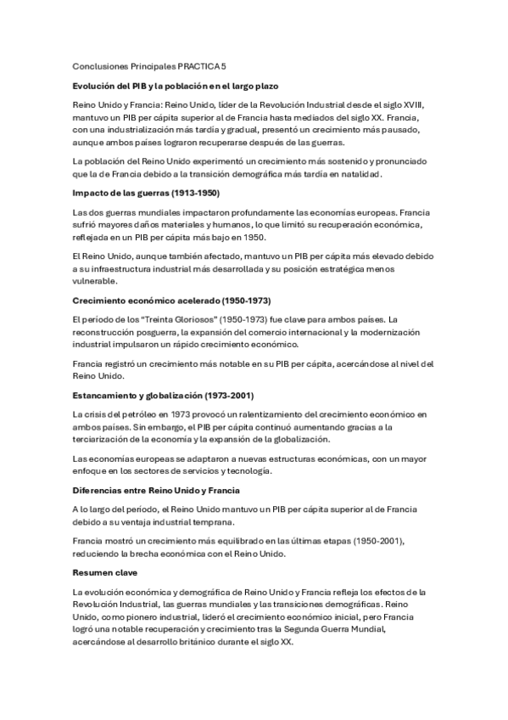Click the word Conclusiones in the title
coord(98,65)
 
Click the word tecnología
coord(248,470)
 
